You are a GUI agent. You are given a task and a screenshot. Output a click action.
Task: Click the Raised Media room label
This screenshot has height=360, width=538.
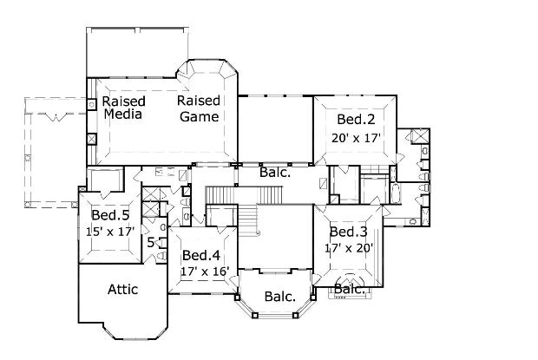[123, 108]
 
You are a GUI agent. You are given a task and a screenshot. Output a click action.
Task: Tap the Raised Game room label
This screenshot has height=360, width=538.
[199, 108]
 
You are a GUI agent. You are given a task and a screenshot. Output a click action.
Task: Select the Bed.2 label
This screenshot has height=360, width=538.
[356, 120]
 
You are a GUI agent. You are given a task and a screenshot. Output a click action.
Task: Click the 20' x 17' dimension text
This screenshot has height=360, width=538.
[356, 138]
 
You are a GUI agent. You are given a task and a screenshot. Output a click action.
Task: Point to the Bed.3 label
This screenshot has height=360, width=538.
[348, 232]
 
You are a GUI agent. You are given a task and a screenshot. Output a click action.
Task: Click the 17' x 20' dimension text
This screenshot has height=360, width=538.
[349, 247]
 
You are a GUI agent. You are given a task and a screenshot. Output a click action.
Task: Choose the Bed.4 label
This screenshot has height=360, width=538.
[201, 255]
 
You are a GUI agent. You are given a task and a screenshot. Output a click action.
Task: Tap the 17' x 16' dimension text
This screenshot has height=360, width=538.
[205, 272]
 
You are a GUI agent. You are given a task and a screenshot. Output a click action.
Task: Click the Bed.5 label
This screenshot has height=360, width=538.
[110, 215]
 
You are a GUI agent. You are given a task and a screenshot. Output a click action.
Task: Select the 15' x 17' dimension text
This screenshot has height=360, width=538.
[110, 232]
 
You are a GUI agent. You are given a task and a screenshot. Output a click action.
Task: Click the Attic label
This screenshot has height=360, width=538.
[123, 290]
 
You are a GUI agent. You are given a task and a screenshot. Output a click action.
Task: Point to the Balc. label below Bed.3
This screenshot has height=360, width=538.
[349, 290]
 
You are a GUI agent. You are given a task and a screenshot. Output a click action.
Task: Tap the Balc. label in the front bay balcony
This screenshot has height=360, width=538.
[280, 297]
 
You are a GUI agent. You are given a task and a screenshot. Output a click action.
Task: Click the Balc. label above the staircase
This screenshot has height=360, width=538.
[275, 172]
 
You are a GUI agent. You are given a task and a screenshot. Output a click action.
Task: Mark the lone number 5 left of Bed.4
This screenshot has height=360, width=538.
[151, 243]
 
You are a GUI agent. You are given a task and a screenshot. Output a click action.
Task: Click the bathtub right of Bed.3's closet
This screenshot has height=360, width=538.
[396, 193]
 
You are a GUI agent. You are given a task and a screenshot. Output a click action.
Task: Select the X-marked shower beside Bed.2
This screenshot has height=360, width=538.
[420, 135]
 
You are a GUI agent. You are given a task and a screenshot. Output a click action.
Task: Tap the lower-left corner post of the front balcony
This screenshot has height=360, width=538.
[254, 316]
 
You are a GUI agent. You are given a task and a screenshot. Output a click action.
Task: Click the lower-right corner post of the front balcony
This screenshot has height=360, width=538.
[295, 316]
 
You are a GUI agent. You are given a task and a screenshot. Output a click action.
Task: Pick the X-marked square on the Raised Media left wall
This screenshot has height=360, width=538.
[92, 139]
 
